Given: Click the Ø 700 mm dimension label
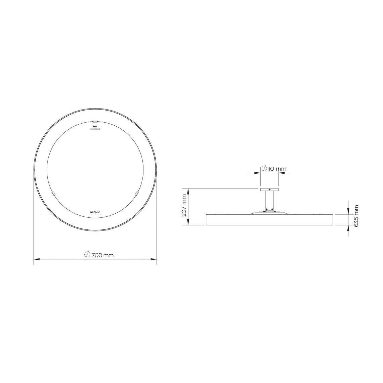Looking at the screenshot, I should (x=99, y=255).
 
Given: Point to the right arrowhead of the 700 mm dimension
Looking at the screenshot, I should (x=155, y=259).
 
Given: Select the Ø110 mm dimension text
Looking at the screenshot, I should (x=274, y=169).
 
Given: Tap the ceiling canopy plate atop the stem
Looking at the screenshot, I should (x=269, y=189).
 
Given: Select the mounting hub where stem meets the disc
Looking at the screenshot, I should (x=269, y=212).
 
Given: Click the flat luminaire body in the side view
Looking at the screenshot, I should (x=269, y=220).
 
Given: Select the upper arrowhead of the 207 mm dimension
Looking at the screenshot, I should (x=188, y=190).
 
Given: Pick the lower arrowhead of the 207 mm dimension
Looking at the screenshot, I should (x=188, y=223).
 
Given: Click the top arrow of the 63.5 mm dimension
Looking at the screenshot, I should (x=348, y=212).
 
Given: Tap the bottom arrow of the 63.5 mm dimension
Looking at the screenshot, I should (x=348, y=227).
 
